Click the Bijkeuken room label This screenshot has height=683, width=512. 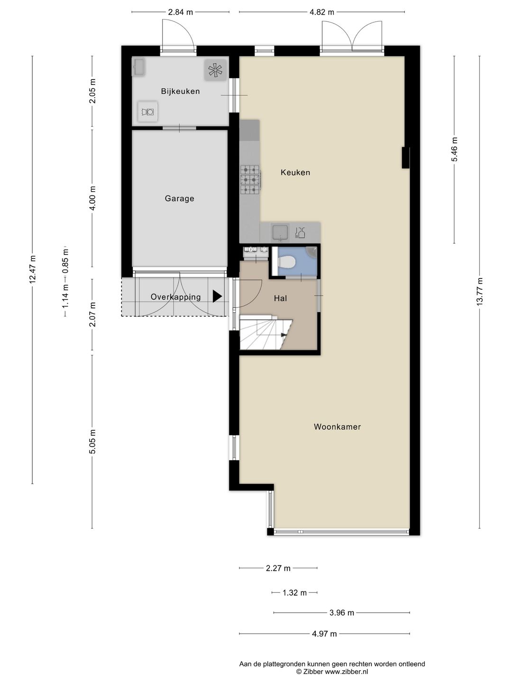point(180,92)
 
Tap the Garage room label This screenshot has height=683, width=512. point(179,199)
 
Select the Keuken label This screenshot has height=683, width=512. point(295,172)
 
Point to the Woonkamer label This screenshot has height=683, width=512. point(337,426)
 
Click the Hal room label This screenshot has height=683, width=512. point(280,298)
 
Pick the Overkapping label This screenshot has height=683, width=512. point(175,297)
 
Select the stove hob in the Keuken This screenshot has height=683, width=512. point(250,180)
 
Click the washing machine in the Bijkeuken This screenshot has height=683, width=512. point(147,111)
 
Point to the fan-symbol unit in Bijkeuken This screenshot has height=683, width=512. point(215,70)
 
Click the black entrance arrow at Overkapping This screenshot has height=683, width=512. point(217,296)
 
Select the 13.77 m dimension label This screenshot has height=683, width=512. point(480,292)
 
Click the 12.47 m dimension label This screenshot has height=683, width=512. point(33,269)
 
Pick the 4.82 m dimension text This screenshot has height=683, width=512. point(322,12)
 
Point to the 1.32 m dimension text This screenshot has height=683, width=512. point(294,593)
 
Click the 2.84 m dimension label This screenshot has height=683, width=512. point(180,12)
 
